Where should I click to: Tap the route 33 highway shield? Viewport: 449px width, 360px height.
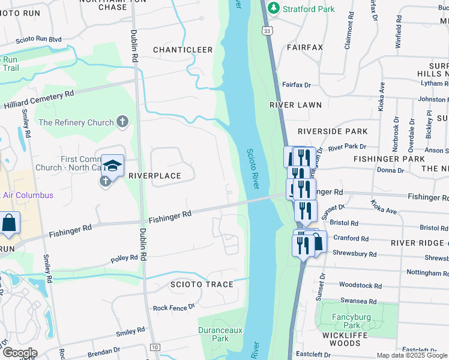(x=267, y=30)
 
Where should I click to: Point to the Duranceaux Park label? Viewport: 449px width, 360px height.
(x=213, y=334)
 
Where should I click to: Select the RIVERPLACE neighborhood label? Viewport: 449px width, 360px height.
(x=154, y=176)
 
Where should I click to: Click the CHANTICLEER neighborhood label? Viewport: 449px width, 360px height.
(x=182, y=50)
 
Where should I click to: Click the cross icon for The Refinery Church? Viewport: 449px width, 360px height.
(x=122, y=122)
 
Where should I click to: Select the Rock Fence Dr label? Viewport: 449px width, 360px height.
(x=174, y=307)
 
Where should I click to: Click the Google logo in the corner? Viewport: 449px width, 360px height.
(x=20, y=353)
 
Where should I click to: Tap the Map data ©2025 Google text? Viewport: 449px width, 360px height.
(x=411, y=355)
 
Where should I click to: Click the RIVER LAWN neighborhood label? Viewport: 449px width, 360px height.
(x=295, y=105)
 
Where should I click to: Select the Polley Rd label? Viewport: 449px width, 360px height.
(x=124, y=259)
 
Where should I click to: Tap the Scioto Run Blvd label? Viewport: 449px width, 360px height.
(x=40, y=40)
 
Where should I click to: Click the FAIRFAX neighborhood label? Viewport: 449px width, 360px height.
(x=305, y=47)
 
